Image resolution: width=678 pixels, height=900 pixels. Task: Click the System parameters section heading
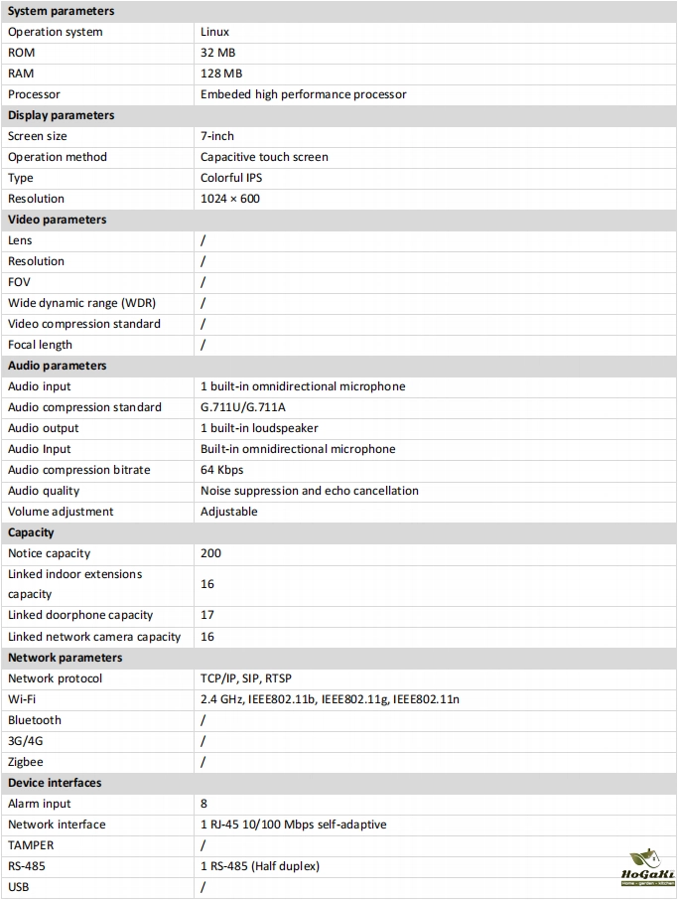pos(61,11)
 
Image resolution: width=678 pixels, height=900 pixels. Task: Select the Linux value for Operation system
pos(214,32)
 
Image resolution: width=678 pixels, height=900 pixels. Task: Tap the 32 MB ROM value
pos(217,53)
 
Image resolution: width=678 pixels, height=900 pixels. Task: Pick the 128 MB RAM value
pos(221,74)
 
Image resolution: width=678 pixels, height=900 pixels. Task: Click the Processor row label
pos(34,94)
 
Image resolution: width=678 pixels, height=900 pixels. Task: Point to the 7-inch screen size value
pos(217,136)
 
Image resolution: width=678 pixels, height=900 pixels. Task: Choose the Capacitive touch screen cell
pos(264,157)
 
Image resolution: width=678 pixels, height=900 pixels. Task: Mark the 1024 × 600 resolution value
pos(229,199)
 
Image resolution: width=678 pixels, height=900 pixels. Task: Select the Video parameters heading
pos(57,220)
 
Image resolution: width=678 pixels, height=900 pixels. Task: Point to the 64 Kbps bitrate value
pos(221,470)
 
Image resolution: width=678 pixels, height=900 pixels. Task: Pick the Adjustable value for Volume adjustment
pos(228,512)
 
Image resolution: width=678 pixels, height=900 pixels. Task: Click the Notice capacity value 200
pos(210,553)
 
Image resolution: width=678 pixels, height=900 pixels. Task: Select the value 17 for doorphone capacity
pos(207,615)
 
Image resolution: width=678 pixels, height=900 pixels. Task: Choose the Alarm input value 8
pos(203,804)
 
